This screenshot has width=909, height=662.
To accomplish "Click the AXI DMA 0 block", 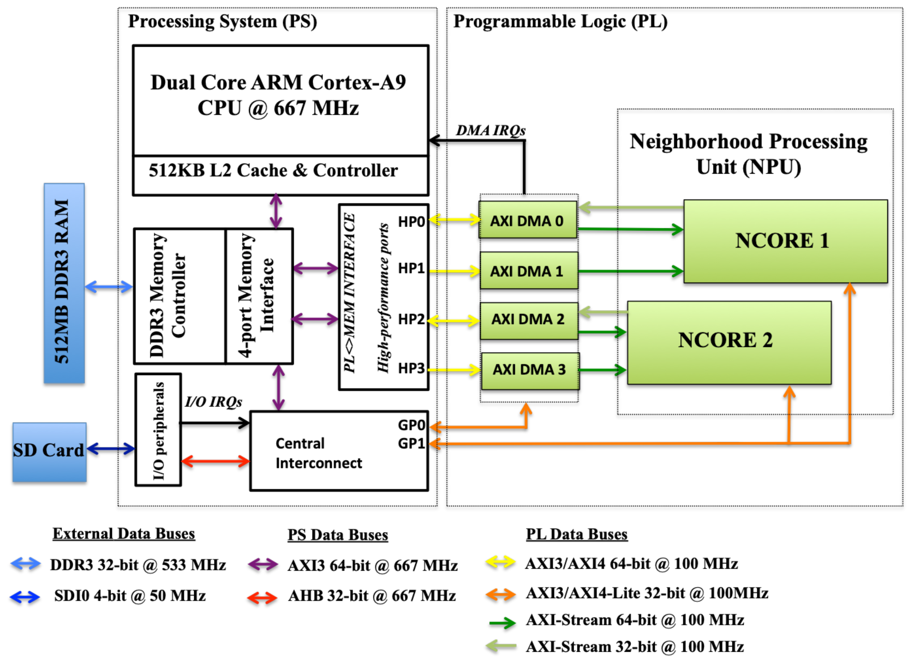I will [x=527, y=220].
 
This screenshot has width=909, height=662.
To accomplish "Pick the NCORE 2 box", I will [x=729, y=342].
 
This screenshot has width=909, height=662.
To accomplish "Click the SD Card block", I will [x=49, y=452].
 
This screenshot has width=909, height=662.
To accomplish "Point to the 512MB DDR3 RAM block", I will [x=64, y=283].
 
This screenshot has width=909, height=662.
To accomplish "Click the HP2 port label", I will [x=411, y=320].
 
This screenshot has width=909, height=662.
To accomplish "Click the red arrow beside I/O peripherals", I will [x=216, y=461].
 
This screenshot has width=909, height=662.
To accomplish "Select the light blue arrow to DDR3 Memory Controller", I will [x=109, y=287].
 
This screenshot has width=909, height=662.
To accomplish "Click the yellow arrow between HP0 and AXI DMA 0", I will [x=454, y=220].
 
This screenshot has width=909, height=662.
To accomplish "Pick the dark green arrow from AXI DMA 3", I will [x=602, y=370].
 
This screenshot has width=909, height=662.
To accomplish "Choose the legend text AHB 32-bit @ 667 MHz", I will [x=371, y=596].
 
